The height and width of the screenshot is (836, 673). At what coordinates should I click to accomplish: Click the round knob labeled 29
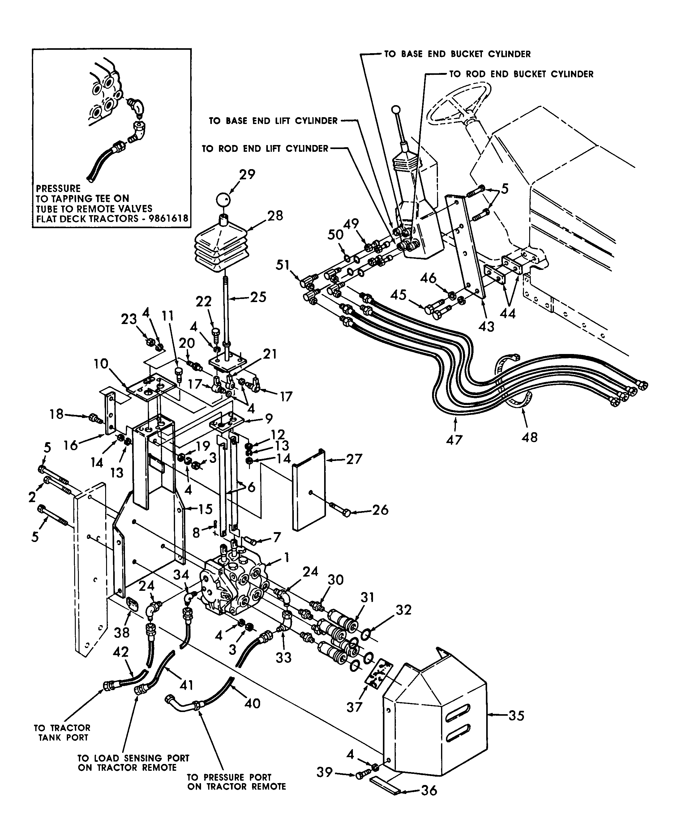point(223,200)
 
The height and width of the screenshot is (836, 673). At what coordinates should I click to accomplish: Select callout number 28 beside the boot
point(275,215)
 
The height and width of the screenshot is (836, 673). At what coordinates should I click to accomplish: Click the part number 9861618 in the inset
point(168,218)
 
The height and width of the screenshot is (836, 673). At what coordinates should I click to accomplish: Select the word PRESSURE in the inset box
point(58,189)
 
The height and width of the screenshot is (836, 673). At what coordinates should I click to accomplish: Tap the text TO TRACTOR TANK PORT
point(62,733)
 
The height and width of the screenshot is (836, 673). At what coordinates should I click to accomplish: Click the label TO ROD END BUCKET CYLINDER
point(521,74)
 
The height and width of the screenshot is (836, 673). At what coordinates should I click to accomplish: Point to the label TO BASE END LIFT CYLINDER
point(273,121)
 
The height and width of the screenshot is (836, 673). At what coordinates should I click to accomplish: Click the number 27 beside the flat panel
point(354,459)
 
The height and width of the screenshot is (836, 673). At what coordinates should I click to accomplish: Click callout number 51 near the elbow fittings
point(283,265)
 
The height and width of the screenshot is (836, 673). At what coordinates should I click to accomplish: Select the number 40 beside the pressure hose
point(252,703)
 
